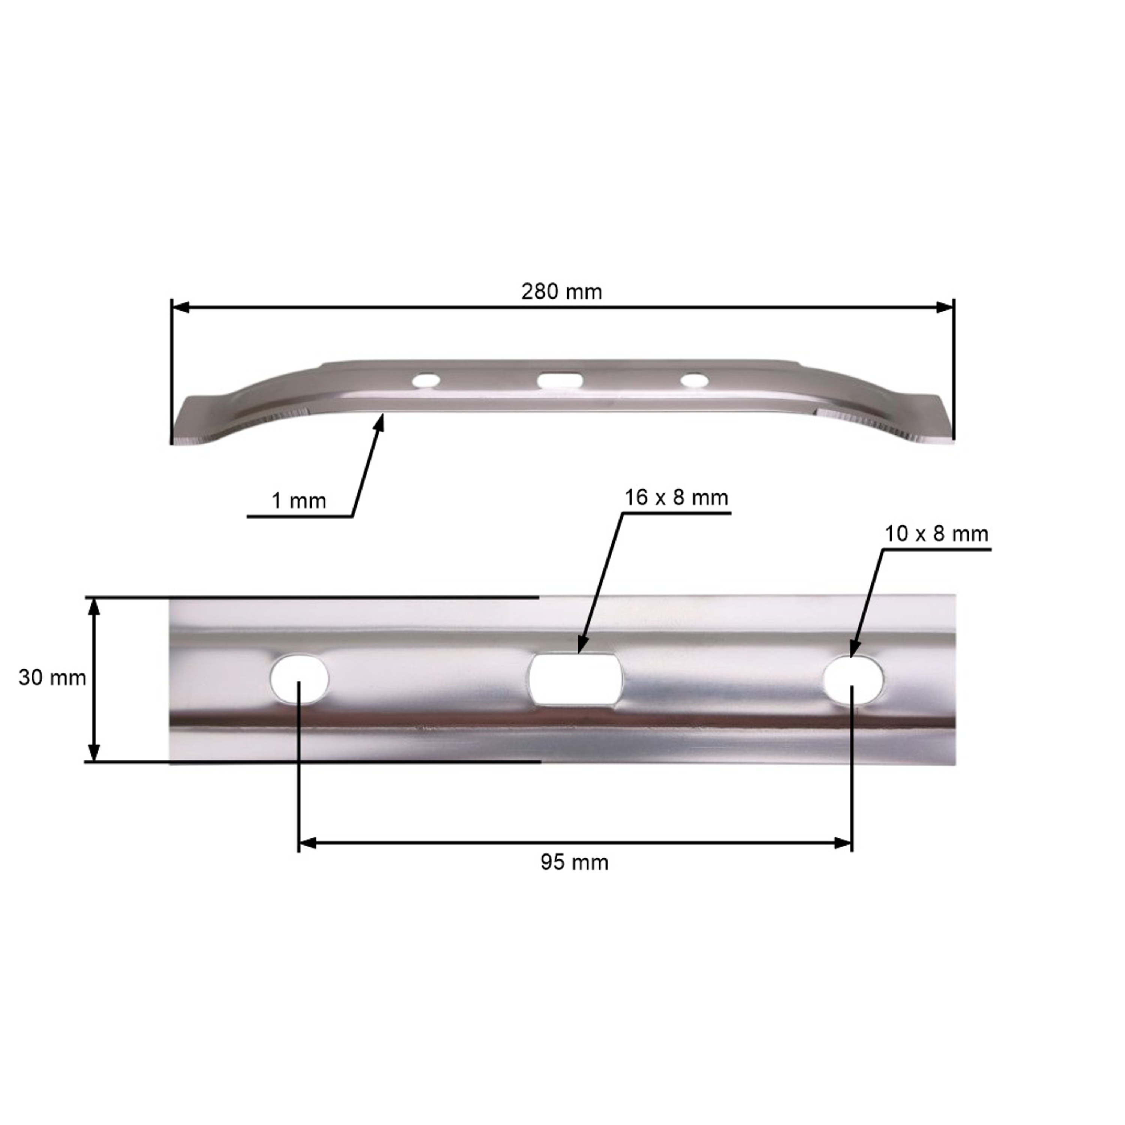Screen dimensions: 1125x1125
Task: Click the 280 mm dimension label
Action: click(561, 291)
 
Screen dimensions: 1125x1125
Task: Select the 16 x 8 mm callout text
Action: click(676, 498)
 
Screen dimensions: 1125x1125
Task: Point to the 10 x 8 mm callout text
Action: click(936, 534)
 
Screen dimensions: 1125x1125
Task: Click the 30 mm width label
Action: click(52, 678)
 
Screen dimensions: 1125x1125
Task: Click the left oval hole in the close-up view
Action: click(299, 678)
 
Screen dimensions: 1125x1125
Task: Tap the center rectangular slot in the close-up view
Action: click(575, 679)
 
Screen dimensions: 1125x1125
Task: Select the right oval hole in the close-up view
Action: click(853, 679)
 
